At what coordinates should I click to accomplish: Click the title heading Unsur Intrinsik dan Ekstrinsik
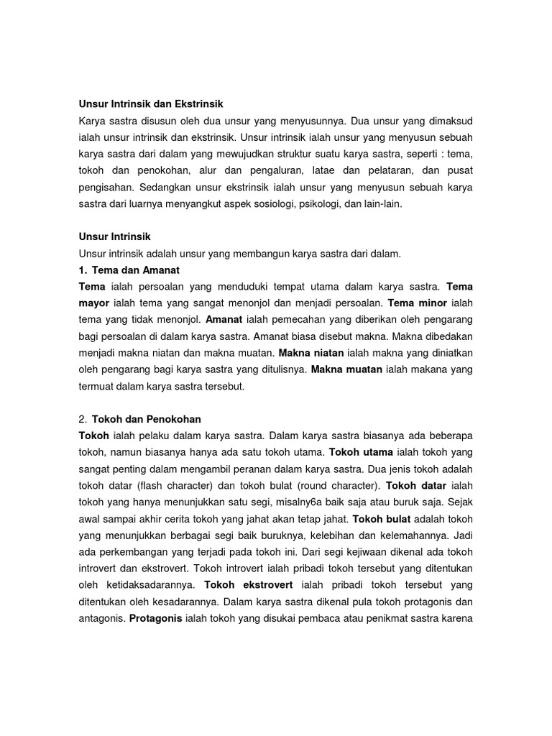tap(146, 104)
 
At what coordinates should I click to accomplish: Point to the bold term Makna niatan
tap(312, 353)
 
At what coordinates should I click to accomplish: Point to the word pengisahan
tap(106, 187)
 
